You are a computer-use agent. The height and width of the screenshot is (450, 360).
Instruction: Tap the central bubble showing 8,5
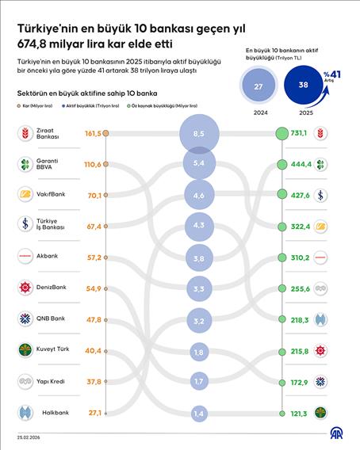[x=198, y=134]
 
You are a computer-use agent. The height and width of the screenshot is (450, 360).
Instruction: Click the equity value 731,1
[x=300, y=134]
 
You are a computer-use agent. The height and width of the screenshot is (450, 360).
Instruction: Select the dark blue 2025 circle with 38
[x=302, y=86]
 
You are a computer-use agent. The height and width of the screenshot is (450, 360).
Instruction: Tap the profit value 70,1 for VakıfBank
[x=94, y=194]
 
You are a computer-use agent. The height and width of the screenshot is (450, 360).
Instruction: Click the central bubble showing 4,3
[x=198, y=225]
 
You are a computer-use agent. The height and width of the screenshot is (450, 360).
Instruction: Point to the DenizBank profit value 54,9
[x=94, y=288]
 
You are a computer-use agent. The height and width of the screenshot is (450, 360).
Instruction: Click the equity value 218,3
[x=300, y=318]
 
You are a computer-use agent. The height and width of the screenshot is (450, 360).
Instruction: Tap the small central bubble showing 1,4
[x=198, y=414]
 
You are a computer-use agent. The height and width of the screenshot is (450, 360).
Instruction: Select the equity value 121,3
[x=300, y=413]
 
